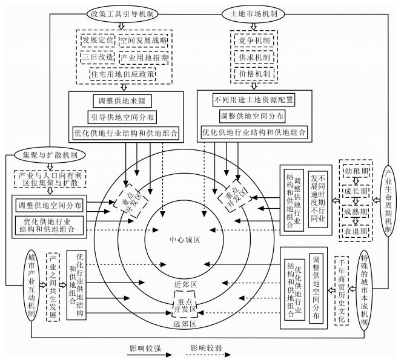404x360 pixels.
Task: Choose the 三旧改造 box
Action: pyautogui.click(x=96, y=58)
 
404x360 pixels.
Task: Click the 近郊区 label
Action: pyautogui.click(x=185, y=284)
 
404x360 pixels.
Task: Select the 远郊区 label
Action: pyautogui.click(x=185, y=324)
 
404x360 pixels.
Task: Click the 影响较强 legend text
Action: pyautogui.click(x=146, y=349)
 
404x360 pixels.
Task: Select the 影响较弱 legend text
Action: pyautogui.click(x=206, y=349)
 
